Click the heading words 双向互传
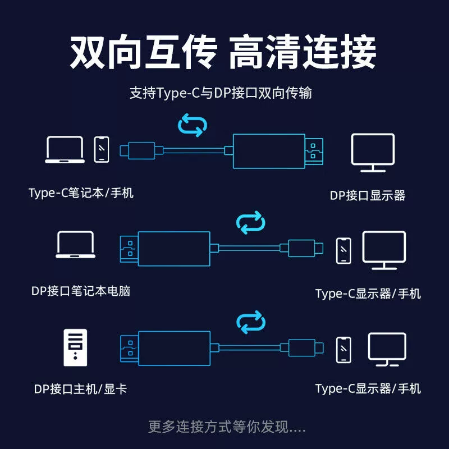click(143, 52)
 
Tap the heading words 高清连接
click(303, 52)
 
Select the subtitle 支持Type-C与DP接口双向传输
click(221, 93)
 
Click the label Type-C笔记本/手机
click(81, 193)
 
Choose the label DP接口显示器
click(368, 195)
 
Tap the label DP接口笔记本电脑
click(81, 291)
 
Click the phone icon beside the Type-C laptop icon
click(102, 150)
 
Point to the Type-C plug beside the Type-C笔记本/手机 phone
click(138, 150)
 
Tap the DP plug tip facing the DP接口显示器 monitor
click(316, 150)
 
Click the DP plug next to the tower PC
click(129, 348)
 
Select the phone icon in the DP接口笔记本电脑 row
click(344, 251)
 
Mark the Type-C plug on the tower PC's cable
click(306, 347)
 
